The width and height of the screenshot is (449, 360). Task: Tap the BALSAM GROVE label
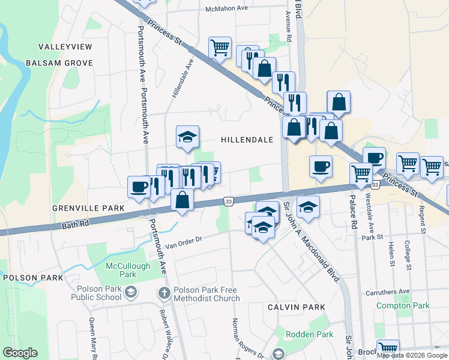point(59,63)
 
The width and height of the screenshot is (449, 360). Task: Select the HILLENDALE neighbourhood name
point(247,140)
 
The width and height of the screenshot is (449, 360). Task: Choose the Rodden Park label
point(309,334)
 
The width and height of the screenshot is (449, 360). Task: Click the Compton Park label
point(403,305)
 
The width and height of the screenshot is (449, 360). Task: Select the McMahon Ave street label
point(227,9)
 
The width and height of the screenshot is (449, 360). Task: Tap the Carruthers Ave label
point(387,292)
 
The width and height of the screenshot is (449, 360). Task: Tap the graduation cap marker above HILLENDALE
point(187,137)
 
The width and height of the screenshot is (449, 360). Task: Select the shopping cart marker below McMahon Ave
point(220,47)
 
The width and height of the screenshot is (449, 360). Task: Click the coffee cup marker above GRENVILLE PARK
point(139,187)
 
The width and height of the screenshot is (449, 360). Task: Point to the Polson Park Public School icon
point(130,293)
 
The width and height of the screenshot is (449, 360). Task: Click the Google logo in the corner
point(20,353)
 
